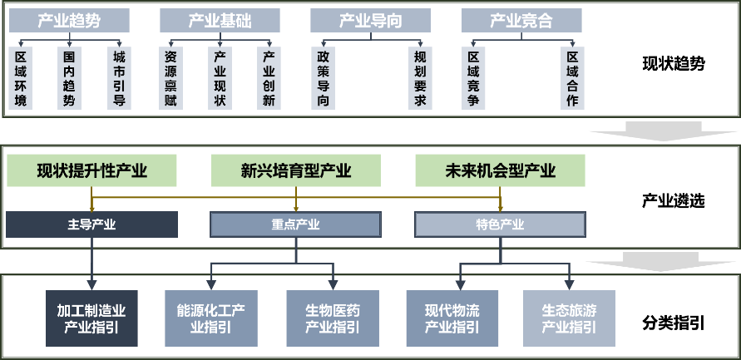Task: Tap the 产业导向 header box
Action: click(370, 21)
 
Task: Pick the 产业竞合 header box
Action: click(521, 21)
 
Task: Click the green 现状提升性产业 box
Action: click(92, 171)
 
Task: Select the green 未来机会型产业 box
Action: click(500, 171)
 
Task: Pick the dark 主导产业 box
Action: click(92, 224)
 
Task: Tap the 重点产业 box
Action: click(295, 224)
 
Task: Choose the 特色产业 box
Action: click(500, 224)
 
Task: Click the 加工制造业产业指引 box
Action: click(91, 318)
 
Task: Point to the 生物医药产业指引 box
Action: click(332, 318)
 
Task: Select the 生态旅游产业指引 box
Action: click(569, 318)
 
